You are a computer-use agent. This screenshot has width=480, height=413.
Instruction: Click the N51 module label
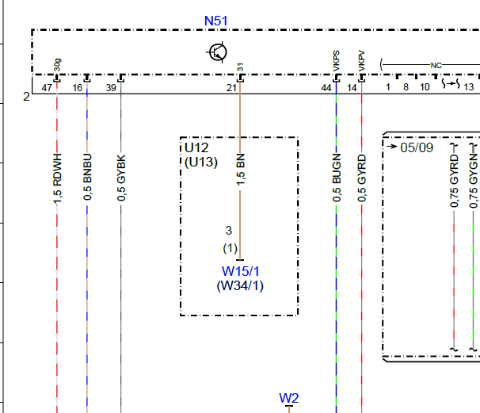pyautogui.click(x=215, y=21)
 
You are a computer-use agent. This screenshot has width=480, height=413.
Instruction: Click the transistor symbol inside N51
pyautogui.click(x=217, y=52)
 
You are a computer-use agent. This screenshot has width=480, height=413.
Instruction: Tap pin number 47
pyautogui.click(x=47, y=88)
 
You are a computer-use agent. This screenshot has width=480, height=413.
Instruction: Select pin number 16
pyautogui.click(x=78, y=88)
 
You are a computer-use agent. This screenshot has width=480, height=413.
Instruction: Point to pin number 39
pyautogui.click(x=111, y=88)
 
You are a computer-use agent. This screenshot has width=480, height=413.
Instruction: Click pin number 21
pyautogui.click(x=232, y=88)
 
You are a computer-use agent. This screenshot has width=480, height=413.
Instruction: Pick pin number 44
pyautogui.click(x=326, y=88)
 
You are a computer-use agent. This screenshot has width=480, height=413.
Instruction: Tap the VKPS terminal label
pyautogui.click(x=336, y=61)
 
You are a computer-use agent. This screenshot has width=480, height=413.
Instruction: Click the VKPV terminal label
pyautogui.click(x=361, y=61)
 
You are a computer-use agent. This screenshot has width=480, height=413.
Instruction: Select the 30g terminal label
pyautogui.click(x=57, y=65)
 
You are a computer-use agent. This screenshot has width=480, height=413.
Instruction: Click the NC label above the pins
pyautogui.click(x=436, y=66)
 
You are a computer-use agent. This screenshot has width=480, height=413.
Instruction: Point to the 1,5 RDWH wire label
pyautogui.click(x=57, y=179)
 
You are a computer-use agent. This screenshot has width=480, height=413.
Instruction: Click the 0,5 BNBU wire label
pyautogui.click(x=87, y=178)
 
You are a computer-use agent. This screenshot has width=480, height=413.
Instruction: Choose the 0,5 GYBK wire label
pyautogui.click(x=121, y=178)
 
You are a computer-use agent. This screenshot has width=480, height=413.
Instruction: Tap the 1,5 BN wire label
pyautogui.click(x=241, y=170)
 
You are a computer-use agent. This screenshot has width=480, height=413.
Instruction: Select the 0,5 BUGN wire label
pyautogui.click(x=337, y=178)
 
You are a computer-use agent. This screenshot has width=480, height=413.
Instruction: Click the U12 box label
pyautogui.click(x=196, y=148)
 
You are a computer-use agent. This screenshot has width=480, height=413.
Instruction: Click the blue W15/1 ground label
pyautogui.click(x=241, y=271)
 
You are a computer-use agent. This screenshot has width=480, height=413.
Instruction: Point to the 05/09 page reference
pyautogui.click(x=417, y=147)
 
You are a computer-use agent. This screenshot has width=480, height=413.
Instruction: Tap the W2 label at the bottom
pyautogui.click(x=289, y=398)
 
